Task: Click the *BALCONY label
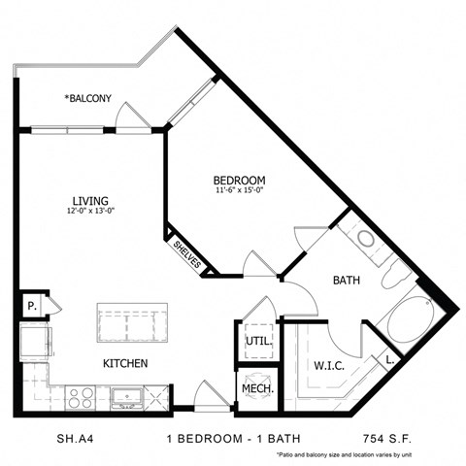[x=88, y=99]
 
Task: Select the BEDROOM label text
[x=239, y=181]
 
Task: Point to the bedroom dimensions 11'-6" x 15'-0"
[x=239, y=192]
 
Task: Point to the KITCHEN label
[x=125, y=363]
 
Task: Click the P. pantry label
[x=32, y=307]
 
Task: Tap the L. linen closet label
[x=389, y=359]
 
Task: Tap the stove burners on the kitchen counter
[x=81, y=396]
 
